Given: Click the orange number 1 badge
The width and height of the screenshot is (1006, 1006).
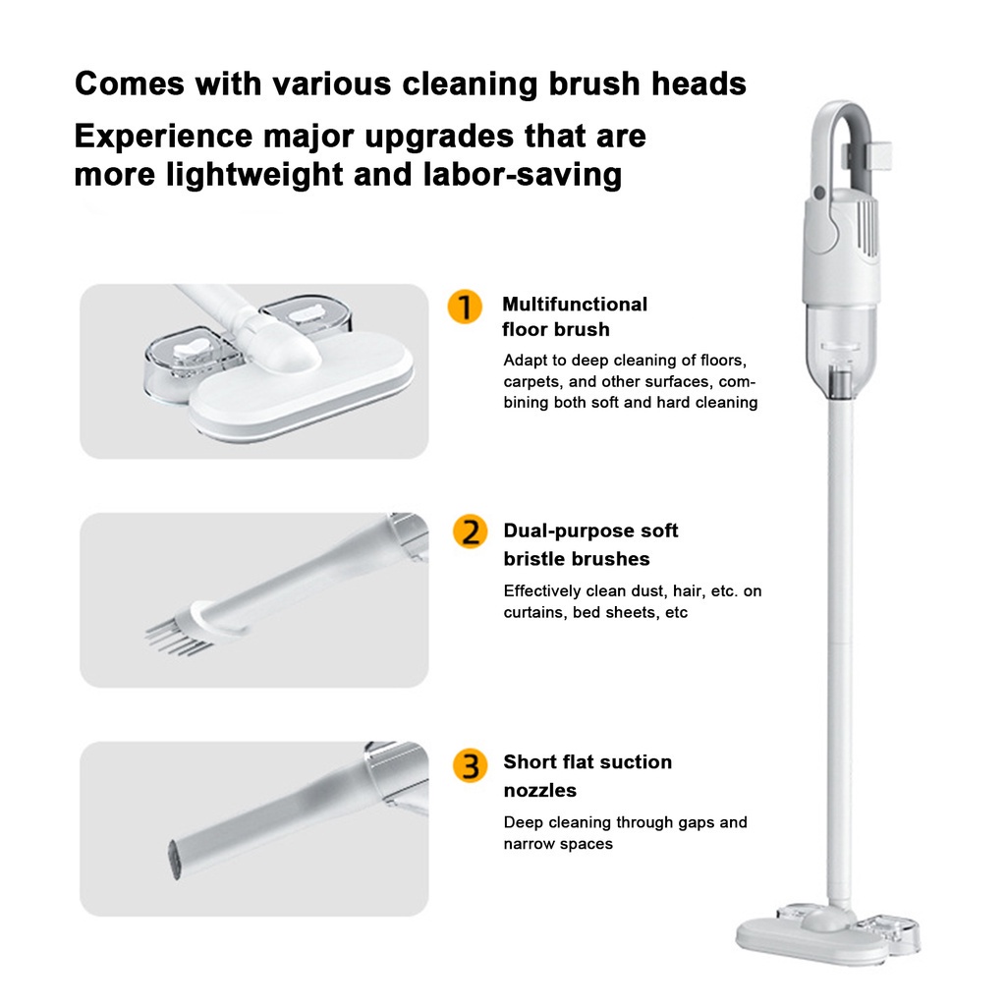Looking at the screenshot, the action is [x=465, y=307].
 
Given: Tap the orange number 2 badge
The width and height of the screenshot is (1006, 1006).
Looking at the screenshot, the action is [x=471, y=531].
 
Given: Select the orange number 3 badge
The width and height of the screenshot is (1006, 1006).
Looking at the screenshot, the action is [x=471, y=765].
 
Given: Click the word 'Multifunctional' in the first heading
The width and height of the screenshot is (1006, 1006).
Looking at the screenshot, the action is [x=575, y=305].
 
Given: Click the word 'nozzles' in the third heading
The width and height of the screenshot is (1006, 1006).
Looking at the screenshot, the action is [x=539, y=791].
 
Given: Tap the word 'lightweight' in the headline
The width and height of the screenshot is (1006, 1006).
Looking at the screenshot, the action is [x=254, y=175].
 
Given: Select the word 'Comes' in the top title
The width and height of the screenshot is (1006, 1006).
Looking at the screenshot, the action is [x=130, y=84].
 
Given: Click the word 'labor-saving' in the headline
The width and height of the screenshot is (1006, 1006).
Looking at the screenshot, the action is [x=523, y=175].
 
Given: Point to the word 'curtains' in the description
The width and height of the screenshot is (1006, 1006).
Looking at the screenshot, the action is [x=532, y=613].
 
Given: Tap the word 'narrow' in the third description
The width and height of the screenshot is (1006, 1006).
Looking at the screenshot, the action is [x=528, y=844].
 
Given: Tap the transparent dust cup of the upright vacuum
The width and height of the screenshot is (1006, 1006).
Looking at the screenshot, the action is [x=840, y=350].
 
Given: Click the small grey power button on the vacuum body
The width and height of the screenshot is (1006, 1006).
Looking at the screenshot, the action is [x=818, y=192].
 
